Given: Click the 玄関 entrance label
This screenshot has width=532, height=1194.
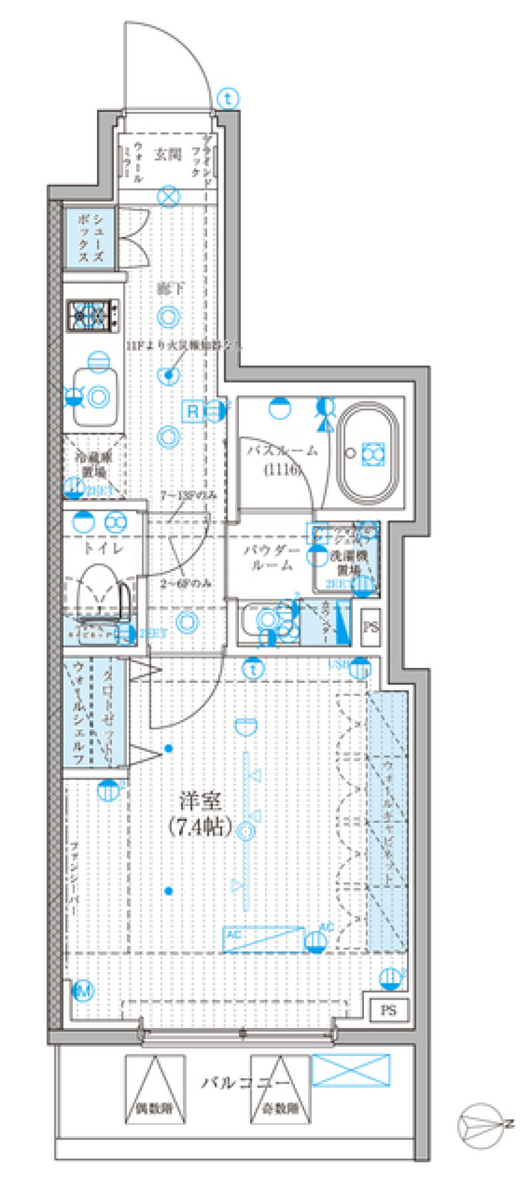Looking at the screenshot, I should click(168, 155).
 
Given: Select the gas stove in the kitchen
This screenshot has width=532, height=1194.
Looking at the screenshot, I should click(93, 315).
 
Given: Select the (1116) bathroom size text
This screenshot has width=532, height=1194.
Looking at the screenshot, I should click(283, 470).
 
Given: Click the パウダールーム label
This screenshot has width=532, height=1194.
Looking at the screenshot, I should click(272, 557).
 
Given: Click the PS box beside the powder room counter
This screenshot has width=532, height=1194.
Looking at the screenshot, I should click(370, 627).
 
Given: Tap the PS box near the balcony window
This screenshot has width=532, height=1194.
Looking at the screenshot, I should click(388, 1010).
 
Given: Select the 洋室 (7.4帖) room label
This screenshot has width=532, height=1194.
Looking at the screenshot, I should click(200, 814).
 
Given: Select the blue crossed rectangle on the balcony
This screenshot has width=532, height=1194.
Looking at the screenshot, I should click(351, 1069).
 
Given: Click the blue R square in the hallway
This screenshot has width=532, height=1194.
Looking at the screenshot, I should click(192, 411).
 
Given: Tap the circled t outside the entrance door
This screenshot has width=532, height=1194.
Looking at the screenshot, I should click(228, 99).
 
